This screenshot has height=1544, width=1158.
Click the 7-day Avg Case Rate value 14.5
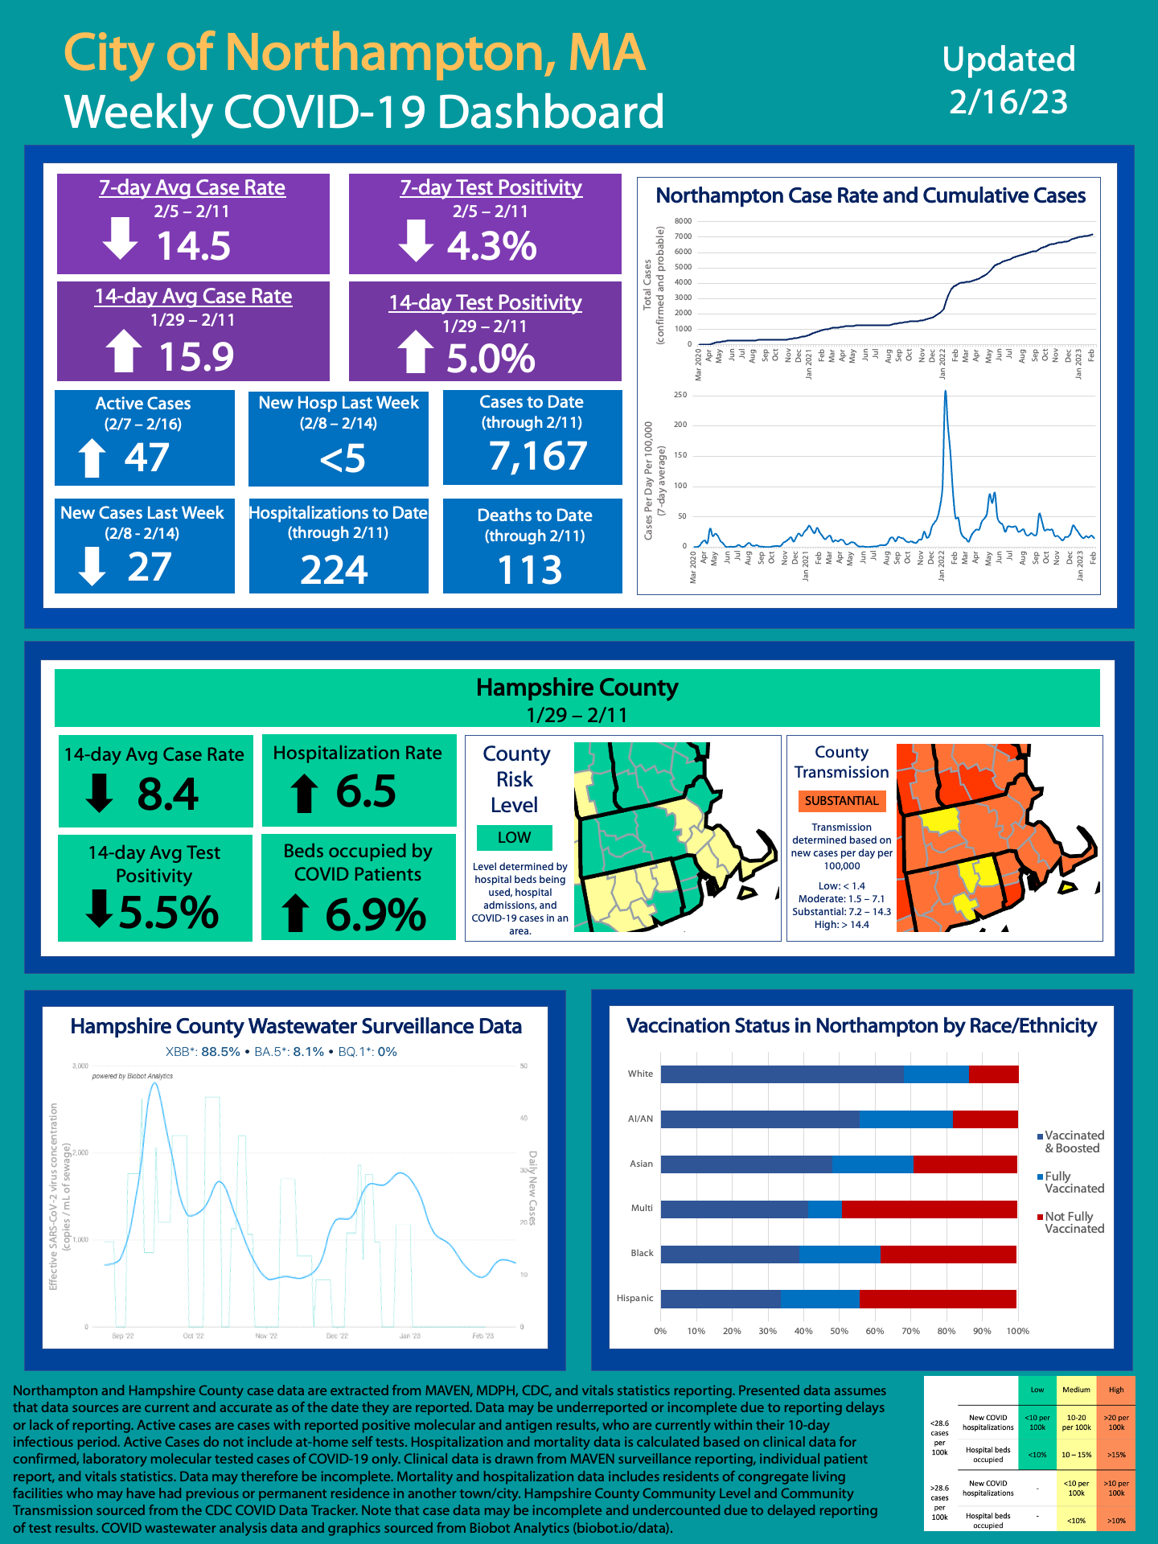(193, 246)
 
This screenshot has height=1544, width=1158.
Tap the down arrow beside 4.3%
(416, 241)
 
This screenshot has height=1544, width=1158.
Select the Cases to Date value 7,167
(538, 457)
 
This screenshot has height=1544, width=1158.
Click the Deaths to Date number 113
(530, 570)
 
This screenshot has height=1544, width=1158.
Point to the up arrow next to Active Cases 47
(92, 458)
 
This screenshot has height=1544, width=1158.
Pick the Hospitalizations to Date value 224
(335, 570)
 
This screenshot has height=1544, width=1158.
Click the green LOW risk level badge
(514, 837)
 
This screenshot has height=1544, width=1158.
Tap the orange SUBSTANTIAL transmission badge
(841, 801)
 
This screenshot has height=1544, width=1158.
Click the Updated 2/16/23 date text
(1008, 80)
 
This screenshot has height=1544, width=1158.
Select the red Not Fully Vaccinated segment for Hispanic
(938, 1299)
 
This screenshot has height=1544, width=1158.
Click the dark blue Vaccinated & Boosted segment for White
(782, 1074)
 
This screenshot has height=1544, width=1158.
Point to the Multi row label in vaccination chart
(642, 1208)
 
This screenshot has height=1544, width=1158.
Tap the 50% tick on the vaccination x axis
(839, 1331)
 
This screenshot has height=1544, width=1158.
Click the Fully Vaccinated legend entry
(1074, 1182)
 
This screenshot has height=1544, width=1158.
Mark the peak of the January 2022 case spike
(945, 392)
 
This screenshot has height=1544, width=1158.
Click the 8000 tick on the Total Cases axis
(683, 221)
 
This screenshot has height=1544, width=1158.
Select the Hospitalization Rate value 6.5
(366, 791)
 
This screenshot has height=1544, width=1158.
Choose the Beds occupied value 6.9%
(376, 915)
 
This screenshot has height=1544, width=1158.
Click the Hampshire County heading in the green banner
(577, 688)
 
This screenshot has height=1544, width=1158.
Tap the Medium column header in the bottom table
(1076, 1390)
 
